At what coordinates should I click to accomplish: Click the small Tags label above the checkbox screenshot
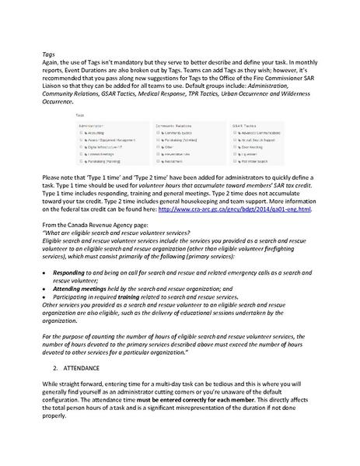(x=80, y=114)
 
